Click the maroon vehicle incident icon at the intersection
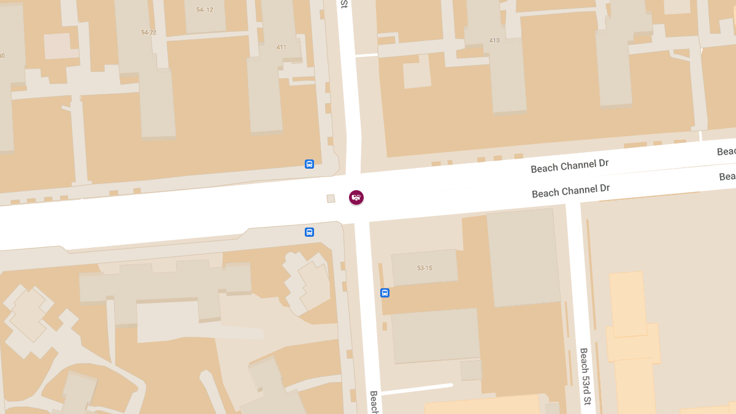356,197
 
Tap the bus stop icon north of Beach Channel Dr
309,164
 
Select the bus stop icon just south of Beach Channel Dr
309,232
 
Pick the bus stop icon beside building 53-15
385,293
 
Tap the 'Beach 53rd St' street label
585,377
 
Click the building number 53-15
424,268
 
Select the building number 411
282,47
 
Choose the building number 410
494,40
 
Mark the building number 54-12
204,10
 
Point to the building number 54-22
148,33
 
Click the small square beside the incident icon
331,198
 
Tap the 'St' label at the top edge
344,4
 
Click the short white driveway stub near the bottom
416,388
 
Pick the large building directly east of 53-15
523,258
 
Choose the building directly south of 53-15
435,335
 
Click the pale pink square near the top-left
57,46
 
